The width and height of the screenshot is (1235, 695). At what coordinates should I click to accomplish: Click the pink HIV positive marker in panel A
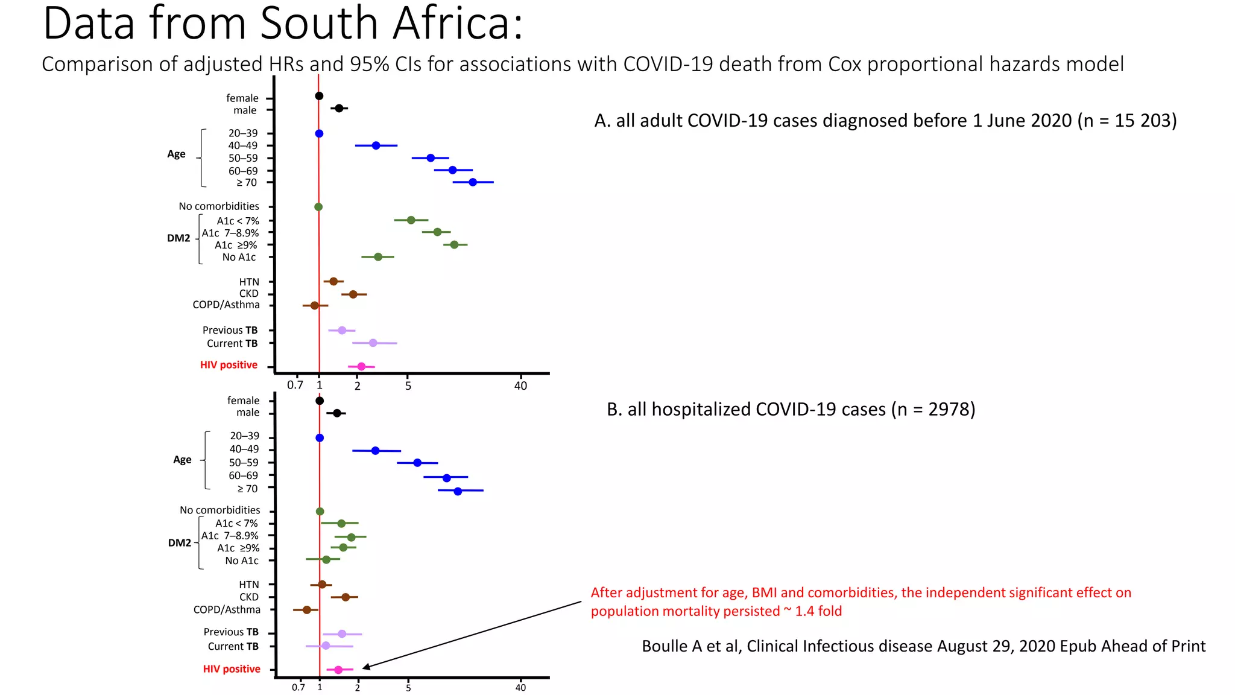pos(361,366)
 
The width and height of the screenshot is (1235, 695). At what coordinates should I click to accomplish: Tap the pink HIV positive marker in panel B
pos(338,670)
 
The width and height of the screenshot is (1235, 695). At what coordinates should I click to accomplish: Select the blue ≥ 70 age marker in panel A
pos(473,182)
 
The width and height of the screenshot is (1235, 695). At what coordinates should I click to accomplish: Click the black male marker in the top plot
pos(339,109)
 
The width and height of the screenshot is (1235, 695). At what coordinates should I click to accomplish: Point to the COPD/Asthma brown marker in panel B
pos(306,610)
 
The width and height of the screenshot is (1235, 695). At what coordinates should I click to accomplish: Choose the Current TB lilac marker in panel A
pos(373,343)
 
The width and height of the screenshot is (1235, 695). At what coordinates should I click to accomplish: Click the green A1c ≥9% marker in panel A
pos(454,244)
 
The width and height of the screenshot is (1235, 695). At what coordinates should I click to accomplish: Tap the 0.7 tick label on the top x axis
pos(295,386)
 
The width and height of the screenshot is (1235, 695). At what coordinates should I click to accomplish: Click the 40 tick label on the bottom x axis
pos(520,688)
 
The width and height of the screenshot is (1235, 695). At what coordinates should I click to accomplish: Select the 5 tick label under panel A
pos(408,386)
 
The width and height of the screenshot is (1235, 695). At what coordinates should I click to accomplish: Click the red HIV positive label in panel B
pos(232,669)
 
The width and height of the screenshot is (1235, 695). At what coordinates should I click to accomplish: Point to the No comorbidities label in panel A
pos(219,206)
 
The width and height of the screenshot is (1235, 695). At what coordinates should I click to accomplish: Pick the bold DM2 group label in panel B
pos(179,543)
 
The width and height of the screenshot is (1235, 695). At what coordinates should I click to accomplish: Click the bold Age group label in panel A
pos(176,154)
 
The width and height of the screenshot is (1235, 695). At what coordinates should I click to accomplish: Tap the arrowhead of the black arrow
pos(364,667)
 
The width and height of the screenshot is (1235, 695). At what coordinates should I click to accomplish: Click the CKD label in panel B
pos(249,597)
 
